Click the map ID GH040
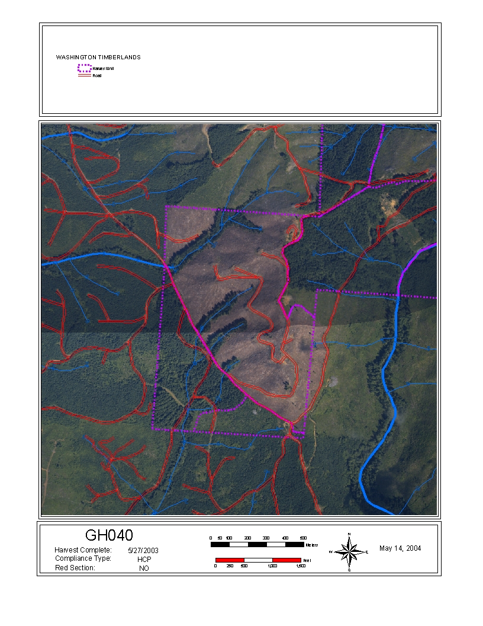click(109, 536)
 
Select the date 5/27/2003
click(143, 550)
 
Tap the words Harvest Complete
click(83, 550)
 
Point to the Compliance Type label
click(83, 558)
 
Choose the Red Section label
click(75, 567)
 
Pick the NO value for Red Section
click(144, 568)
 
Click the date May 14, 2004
click(400, 548)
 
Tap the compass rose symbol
click(349, 552)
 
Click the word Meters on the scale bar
click(312, 545)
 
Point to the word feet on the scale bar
click(307, 560)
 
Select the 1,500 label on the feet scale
click(300, 566)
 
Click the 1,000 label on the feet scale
click(272, 566)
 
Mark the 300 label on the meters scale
click(266, 537)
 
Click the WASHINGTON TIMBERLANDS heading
click(98, 58)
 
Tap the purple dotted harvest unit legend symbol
click(85, 69)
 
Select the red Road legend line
click(85, 76)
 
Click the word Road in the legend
click(97, 76)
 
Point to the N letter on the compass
click(349, 535)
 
